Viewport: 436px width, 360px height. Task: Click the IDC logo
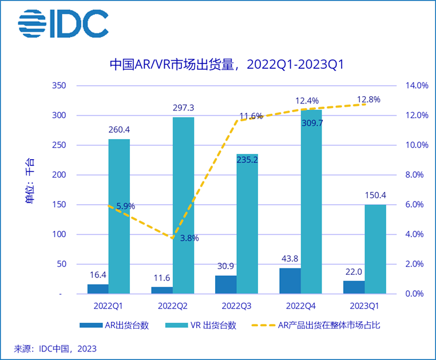pos(63,25)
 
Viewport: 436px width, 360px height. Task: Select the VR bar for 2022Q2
pos(183,205)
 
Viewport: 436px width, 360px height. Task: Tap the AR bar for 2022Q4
pos(290,280)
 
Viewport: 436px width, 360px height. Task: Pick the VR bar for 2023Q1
pos(375,249)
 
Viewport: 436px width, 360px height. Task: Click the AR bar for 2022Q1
pos(98,288)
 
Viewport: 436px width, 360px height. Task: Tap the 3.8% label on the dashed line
pos(189,238)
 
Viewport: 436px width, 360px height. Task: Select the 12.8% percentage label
pos(368,99)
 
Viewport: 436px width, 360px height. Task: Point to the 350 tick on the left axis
pos(60,86)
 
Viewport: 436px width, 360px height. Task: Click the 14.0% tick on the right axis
pos(417,86)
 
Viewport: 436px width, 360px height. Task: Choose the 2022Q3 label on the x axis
pos(236,306)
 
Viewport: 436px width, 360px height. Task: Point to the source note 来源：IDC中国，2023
pos(56,349)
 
